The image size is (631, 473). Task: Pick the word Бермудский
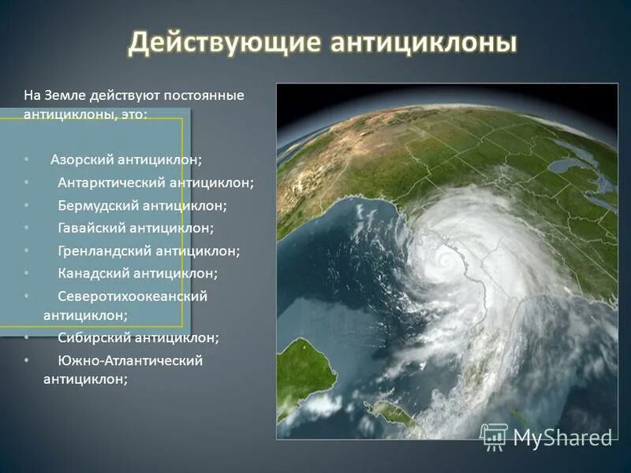click(x=99, y=206)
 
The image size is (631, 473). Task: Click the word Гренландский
click(x=105, y=251)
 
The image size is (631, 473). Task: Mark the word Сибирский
click(x=95, y=337)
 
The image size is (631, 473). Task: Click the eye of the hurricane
click(x=446, y=258)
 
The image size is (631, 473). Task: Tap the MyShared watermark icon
click(x=494, y=436)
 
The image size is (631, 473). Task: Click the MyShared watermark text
click(x=562, y=438)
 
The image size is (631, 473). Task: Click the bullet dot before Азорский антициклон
click(x=27, y=160)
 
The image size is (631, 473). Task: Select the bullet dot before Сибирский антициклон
click(x=27, y=337)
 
